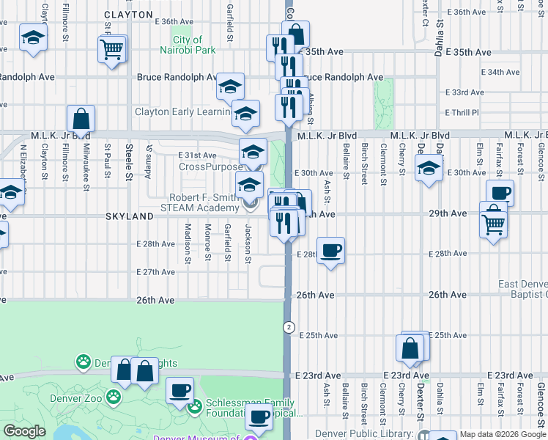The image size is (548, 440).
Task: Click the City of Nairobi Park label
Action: pyautogui.click(x=193, y=45)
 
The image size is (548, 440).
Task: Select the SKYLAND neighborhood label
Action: pyautogui.click(x=128, y=216)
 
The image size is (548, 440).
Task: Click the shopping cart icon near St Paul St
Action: pyautogui.click(x=112, y=49)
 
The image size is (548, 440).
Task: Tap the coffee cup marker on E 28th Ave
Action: pyautogui.click(x=331, y=250)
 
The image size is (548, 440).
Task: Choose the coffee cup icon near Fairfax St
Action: pyautogui.click(x=500, y=194)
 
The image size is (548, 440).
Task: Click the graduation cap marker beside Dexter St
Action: pyautogui.click(x=429, y=169)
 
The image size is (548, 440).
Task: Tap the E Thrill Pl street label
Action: pyautogui.click(x=462, y=112)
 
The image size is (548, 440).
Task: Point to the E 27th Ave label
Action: pyautogui.click(x=155, y=272)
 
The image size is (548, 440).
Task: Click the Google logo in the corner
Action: pyautogui.click(x=25, y=431)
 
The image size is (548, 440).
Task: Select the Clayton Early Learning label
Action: pyautogui.click(x=182, y=111)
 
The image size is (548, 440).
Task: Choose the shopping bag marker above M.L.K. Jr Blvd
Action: pyautogui.click(x=81, y=119)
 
